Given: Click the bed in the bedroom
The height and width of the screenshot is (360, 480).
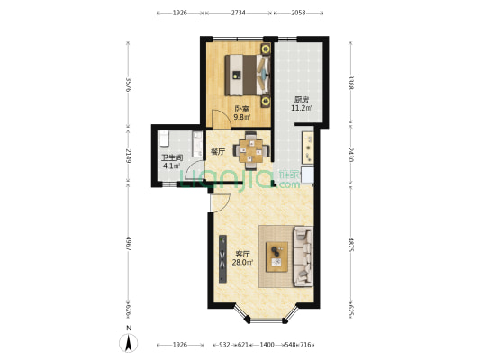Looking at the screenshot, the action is [x=248, y=75].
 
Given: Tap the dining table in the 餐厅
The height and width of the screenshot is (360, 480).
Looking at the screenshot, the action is [x=251, y=150].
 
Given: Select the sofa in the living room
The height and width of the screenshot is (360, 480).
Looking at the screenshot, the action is [x=303, y=256].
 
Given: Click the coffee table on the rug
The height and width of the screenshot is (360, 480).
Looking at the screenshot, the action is [x=276, y=256].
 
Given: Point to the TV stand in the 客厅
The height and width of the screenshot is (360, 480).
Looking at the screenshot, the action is [x=222, y=259].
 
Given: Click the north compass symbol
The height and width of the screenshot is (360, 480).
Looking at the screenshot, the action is [x=129, y=342].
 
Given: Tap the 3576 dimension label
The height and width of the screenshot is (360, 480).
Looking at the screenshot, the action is [x=129, y=85].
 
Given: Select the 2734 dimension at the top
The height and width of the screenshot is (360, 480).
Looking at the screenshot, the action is [x=238, y=13].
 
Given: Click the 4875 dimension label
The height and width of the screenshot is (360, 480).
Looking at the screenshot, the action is [x=351, y=244].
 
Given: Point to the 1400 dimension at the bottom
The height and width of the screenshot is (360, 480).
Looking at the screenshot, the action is [x=267, y=345].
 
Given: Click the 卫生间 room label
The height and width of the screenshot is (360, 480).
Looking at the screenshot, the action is [x=172, y=157].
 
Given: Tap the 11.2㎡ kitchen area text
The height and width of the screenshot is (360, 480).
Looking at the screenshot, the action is [x=302, y=108].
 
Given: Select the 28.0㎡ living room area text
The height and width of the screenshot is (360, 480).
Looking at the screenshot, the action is [x=242, y=263].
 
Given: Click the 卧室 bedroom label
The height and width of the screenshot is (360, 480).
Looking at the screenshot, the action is [x=242, y=109].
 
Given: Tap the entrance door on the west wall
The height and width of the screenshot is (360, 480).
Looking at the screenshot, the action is [x=221, y=202].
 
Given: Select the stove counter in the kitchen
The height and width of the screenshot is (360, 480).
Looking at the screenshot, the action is [x=308, y=148].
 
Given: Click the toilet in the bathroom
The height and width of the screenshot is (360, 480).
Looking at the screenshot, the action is [x=164, y=139].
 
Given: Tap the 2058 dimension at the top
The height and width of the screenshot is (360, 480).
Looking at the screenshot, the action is [x=298, y=13].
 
